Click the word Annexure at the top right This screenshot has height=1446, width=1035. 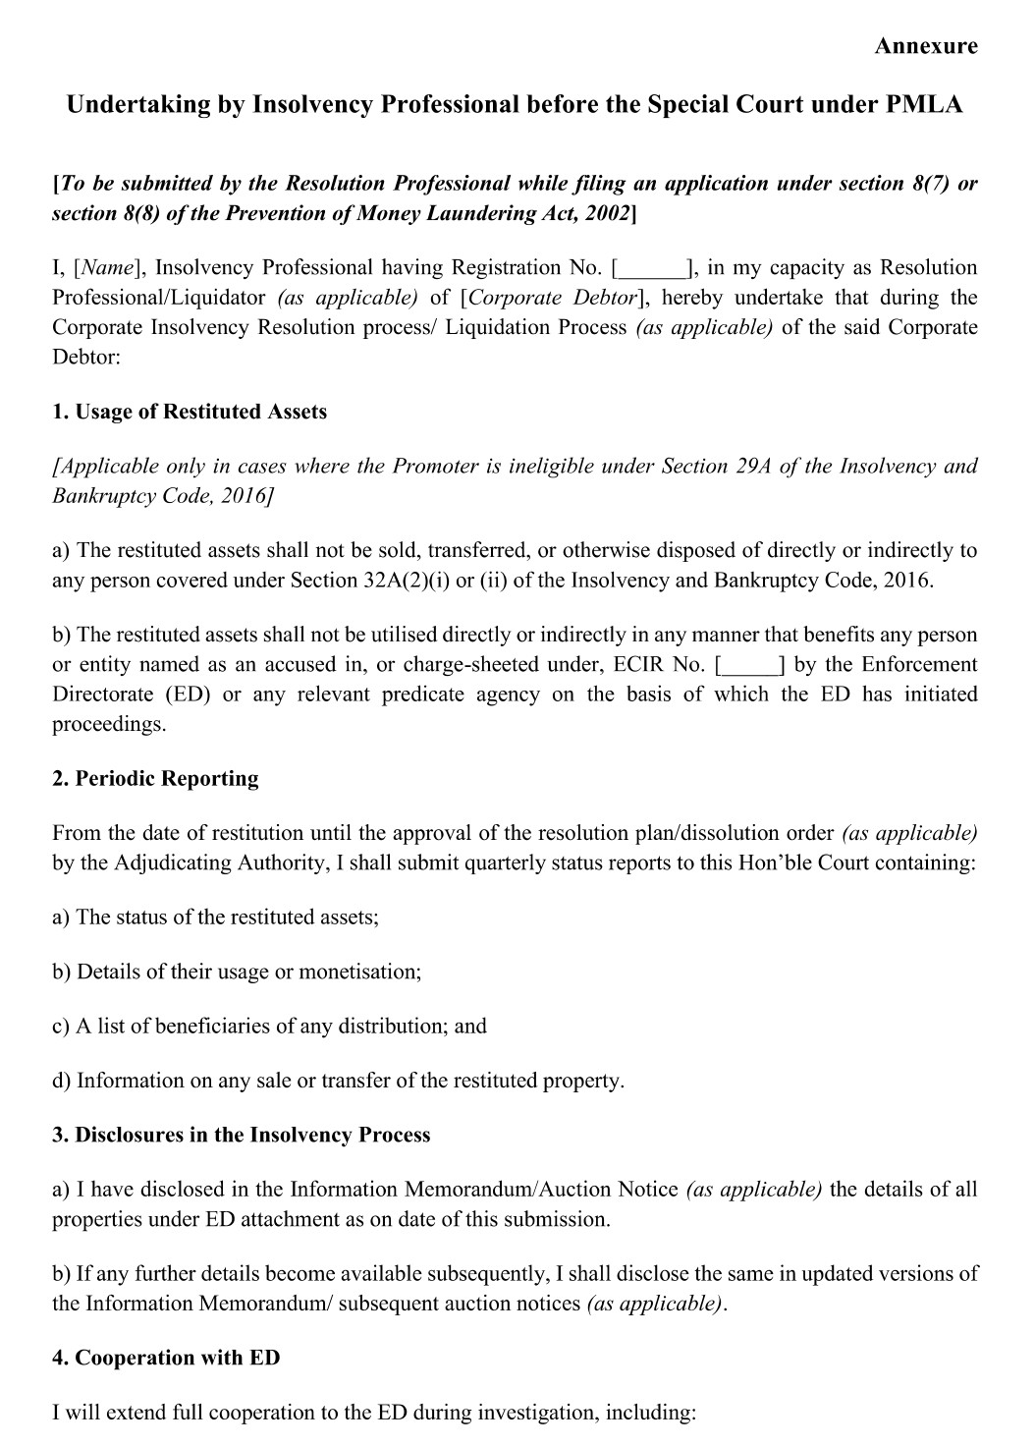point(925,46)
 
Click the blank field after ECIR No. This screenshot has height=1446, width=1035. point(750,666)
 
